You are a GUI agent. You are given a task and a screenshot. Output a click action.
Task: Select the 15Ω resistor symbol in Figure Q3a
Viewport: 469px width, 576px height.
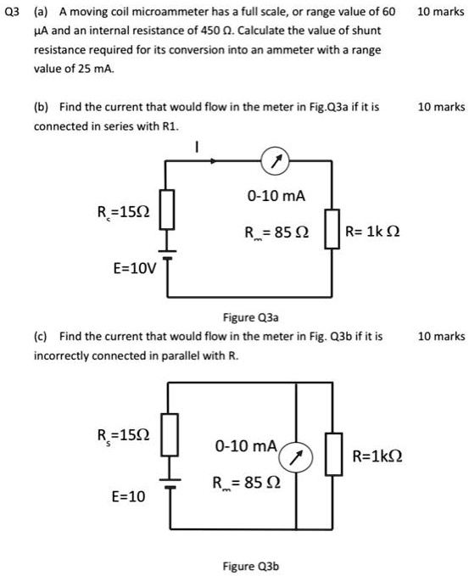167,209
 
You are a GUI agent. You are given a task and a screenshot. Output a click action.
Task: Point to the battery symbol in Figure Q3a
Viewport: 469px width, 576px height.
167,254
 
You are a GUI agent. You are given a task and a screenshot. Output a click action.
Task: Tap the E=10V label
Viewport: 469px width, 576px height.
135,269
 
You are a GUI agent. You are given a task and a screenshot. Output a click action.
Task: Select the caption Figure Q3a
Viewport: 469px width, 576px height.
250,318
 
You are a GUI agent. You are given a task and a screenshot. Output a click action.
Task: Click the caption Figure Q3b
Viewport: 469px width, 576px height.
250,565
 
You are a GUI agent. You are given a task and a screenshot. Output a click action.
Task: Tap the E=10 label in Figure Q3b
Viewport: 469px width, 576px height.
128,496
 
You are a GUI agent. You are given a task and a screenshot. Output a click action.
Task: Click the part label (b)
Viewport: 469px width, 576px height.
40,108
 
